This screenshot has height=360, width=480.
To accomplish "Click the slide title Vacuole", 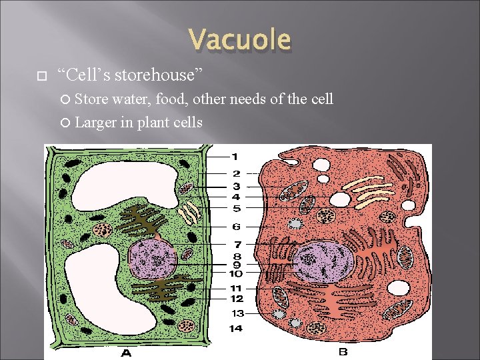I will click(240, 40).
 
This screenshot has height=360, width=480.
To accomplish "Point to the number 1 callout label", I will click(235, 157).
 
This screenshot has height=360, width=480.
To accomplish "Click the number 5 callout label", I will click(235, 208).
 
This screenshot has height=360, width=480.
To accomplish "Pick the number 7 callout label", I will click(237, 245).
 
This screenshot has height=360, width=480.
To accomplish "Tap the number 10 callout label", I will click(237, 273).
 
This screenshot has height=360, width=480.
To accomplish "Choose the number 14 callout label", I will click(237, 328).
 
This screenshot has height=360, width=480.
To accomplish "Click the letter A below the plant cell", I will click(127, 353).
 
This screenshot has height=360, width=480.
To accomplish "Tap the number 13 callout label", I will click(237, 313).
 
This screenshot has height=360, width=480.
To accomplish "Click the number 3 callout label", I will click(236, 186).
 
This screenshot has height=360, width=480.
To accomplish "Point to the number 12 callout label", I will click(237, 299).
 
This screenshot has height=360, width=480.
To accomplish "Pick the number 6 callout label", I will click(236, 227).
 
